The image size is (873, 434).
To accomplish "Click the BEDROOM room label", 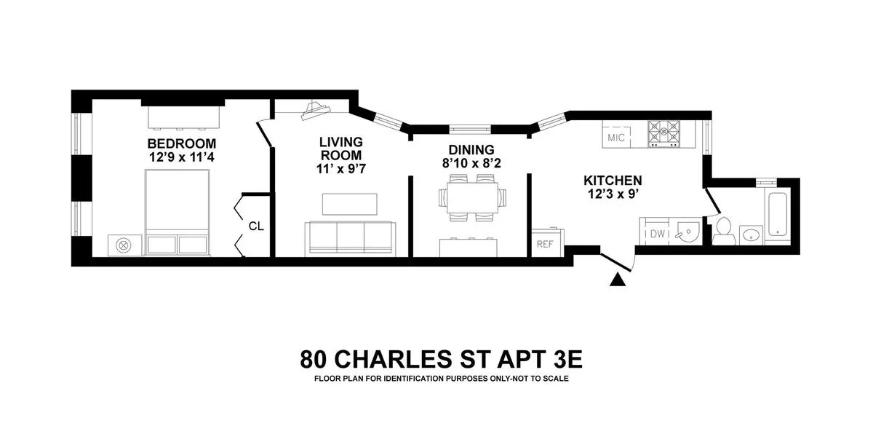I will [182, 143].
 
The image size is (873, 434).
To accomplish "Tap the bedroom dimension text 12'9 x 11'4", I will [182, 156].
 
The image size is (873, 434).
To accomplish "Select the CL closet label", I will [256, 226].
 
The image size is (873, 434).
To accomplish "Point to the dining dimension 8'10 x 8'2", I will [471, 163].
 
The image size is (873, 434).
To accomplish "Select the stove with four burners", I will [666, 133].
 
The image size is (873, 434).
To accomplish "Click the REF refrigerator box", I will [546, 244].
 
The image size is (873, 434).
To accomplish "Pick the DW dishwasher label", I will [658, 234].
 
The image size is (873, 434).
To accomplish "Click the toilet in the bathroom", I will [722, 232].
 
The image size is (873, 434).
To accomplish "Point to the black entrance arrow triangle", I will [618, 279].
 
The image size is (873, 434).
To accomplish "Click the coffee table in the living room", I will [349, 204].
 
